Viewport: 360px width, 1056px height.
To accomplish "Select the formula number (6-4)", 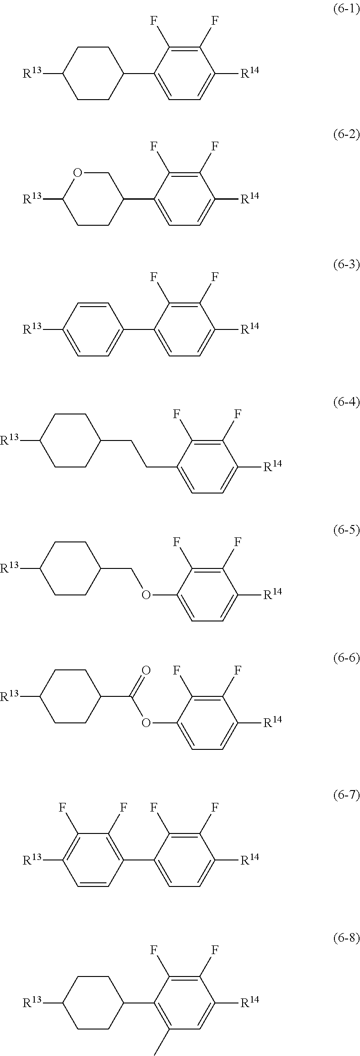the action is tap(344, 402).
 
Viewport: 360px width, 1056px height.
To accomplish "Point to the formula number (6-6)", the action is tap(344, 658).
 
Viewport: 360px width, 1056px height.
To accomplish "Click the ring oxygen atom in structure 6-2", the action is tap(78, 173).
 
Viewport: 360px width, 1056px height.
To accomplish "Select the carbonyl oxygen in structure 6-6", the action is tap(146, 670).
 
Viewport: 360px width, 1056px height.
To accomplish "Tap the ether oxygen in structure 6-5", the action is tap(146, 594).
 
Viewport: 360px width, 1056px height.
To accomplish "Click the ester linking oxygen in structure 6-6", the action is tap(146, 722).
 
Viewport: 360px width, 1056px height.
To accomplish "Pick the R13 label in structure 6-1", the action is tap(32, 73).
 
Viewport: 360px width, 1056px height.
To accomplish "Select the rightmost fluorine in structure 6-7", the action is tap(214, 807).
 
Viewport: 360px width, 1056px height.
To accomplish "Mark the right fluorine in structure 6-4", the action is tap(238, 414).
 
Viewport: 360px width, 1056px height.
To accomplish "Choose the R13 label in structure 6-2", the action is tap(32, 198).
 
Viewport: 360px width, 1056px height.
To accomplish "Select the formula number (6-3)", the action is tap(344, 265).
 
